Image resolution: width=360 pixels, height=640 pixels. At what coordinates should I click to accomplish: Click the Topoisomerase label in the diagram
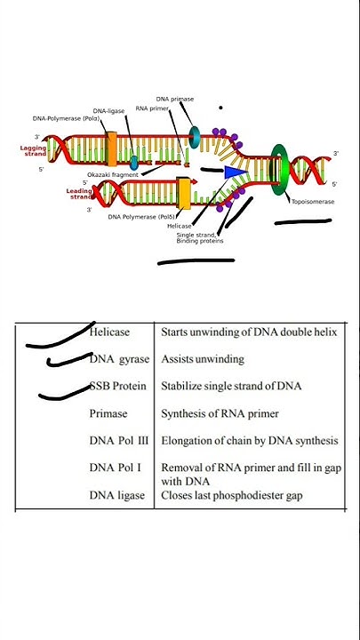313,202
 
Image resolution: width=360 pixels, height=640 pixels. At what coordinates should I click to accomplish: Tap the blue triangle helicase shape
236,172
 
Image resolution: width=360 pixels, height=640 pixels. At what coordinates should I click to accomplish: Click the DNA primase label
175,99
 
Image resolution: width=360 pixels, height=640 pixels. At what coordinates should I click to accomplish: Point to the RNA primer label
152,108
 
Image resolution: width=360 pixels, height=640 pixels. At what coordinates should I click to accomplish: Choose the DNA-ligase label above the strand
108,111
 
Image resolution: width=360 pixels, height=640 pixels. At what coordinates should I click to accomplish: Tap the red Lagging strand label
33,151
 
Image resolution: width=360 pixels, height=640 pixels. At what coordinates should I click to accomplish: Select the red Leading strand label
79,193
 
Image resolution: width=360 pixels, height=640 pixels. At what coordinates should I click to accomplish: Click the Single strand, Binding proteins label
200,237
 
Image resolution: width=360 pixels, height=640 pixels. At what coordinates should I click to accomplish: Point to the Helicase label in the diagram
180,226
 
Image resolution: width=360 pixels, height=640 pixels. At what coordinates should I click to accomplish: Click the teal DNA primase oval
194,136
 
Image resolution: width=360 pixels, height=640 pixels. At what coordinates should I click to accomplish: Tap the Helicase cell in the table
109,332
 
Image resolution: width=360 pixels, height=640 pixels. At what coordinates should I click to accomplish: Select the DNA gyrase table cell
119,359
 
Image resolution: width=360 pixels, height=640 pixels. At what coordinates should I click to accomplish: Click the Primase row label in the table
108,413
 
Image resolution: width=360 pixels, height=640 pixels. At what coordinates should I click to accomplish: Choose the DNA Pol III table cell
119,440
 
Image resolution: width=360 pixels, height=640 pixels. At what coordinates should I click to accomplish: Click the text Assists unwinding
202,359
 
